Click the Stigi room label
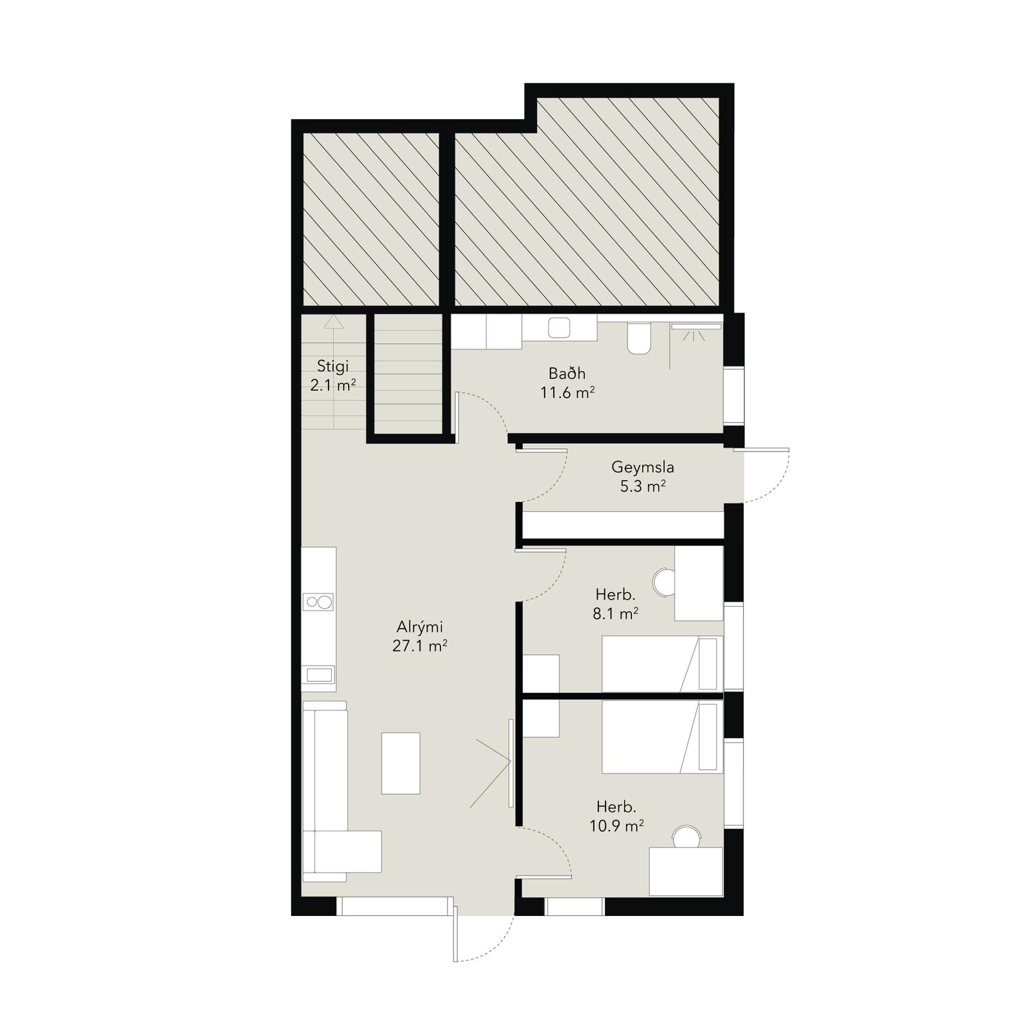[332, 366]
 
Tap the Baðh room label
[567, 373]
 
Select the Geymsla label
[643, 467]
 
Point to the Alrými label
[420, 626]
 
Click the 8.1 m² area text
[616, 613]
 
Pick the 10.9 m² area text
[616, 825]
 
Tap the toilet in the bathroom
[638, 338]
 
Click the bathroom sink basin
[559, 328]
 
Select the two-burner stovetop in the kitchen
[318, 602]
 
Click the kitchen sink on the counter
[318, 675]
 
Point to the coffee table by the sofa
[400, 763]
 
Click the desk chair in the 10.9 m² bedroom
[686, 836]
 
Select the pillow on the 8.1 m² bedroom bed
[708, 664]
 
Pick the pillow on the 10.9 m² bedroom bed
[708, 737]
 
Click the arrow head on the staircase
[334, 321]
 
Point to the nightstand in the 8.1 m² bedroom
[541, 673]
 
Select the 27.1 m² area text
[420, 646]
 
